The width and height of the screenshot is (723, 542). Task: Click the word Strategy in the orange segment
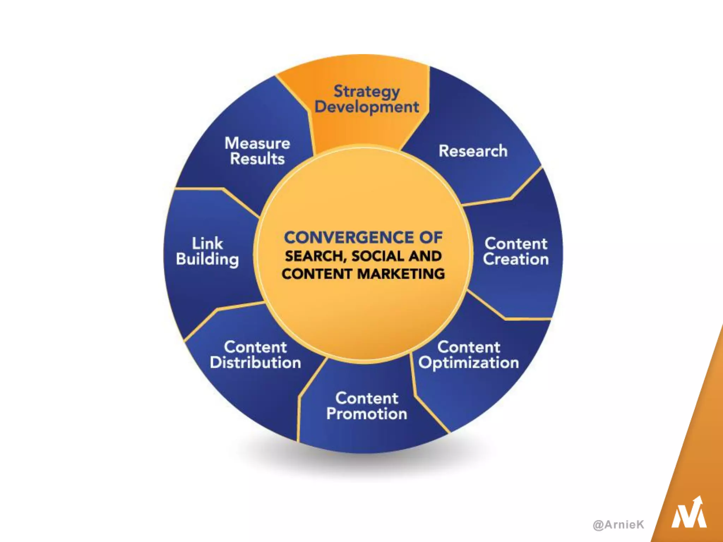point(366,92)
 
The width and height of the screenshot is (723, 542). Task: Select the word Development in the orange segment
point(366,107)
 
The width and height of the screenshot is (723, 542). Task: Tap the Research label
point(473,151)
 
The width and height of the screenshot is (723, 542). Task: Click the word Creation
point(516,259)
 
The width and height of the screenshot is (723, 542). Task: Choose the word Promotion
point(366,414)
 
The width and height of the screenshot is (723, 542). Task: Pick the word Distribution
point(255,363)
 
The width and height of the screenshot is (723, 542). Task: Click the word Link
point(207,243)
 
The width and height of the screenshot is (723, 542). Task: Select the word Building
point(207,259)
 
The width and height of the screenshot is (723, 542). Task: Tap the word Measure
point(257,143)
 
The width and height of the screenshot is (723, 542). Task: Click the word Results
point(257,159)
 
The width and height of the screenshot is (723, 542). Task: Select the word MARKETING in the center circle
point(401,274)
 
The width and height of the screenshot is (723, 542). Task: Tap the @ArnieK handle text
point(619,525)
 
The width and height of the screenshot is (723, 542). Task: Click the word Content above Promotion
point(366,398)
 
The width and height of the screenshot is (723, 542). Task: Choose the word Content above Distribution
point(255,347)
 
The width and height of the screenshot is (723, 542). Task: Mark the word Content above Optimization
point(468,347)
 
